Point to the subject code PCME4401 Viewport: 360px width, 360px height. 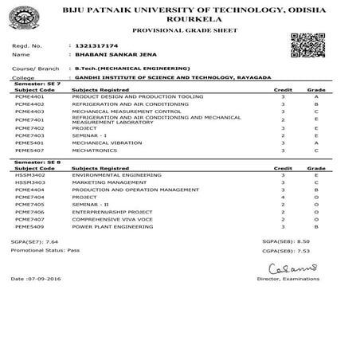pos(28,96)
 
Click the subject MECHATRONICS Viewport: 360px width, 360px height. pos(92,150)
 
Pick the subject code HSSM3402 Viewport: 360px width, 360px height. pos(28,174)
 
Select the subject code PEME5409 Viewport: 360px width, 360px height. pos(28,227)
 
